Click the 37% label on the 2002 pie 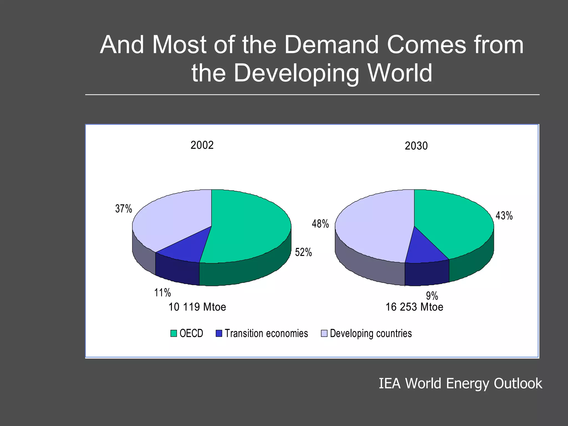123,209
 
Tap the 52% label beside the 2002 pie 303,252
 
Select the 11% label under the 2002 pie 163,293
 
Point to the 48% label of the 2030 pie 320,224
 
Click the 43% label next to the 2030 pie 504,215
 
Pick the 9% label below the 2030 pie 432,296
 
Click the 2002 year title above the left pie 202,145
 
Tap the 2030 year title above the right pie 416,146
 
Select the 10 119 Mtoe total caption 197,307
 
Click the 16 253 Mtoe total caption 414,307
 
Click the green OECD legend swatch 174,333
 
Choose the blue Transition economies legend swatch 219,333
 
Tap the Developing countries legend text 371,333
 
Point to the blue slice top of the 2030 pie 424,250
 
